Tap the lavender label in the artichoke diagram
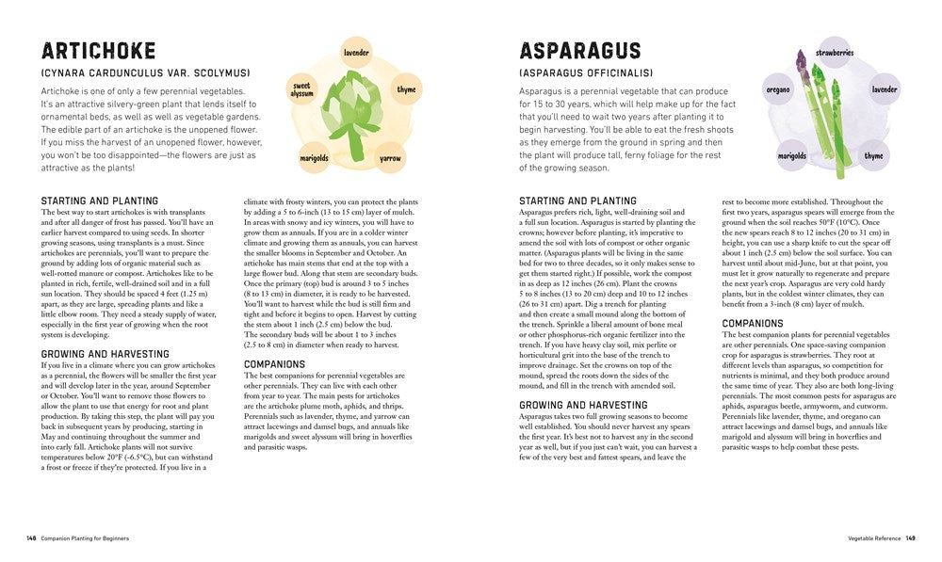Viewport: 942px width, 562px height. click(x=356, y=53)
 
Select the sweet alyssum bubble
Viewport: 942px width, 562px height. click(x=301, y=89)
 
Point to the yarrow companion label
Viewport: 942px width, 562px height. click(x=389, y=159)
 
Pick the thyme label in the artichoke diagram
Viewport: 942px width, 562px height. click(x=406, y=89)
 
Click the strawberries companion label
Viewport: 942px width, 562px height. click(x=834, y=53)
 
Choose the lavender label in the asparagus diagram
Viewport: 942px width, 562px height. click(x=885, y=89)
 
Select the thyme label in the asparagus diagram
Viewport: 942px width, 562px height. click(x=873, y=156)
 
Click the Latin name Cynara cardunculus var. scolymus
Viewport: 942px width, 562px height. click(x=144, y=72)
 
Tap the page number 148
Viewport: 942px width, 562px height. click(x=31, y=538)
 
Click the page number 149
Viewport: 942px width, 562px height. click(x=911, y=538)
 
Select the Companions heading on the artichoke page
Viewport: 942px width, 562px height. click(x=274, y=363)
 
